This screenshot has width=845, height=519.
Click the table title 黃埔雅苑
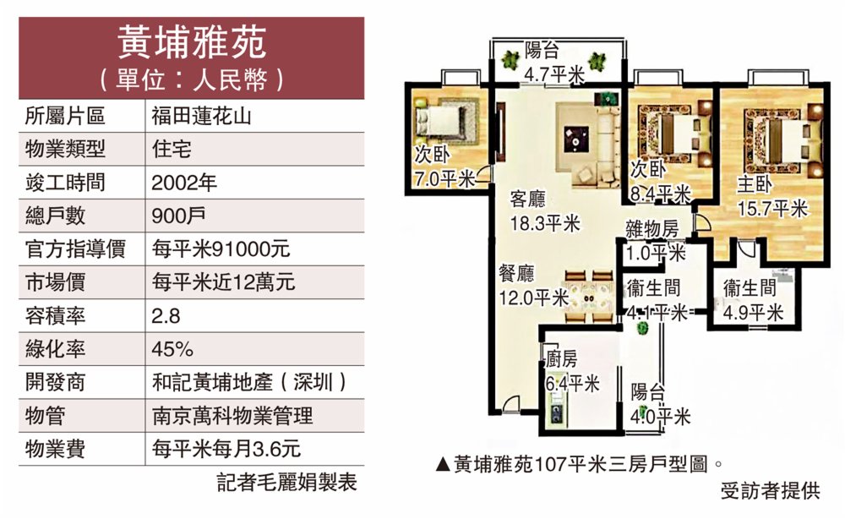point(191,42)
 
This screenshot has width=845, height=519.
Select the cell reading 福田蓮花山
point(201,116)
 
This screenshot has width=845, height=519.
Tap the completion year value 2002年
point(183,183)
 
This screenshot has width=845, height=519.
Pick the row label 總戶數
point(56,216)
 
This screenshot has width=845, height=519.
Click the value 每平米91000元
point(221,249)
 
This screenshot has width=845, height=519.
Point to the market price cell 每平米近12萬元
point(223,282)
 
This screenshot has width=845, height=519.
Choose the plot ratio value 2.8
point(166,316)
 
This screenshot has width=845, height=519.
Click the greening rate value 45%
point(172,349)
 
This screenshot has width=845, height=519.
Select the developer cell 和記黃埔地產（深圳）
point(249,383)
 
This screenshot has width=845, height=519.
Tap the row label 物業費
point(56,449)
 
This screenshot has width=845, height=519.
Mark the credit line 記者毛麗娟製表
point(287,483)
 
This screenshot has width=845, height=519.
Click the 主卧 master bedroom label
point(755,184)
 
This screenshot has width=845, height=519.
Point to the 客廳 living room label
point(528,199)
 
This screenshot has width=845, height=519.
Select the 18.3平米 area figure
point(545,222)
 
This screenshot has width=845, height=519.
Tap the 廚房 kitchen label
point(561,359)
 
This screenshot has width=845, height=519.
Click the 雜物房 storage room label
point(652,229)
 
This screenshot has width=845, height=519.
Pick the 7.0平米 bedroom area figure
point(444,178)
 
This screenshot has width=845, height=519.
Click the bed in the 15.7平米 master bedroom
point(779,140)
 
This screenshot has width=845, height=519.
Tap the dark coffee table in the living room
point(576,139)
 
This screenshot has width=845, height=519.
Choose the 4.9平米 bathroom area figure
point(753,313)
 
